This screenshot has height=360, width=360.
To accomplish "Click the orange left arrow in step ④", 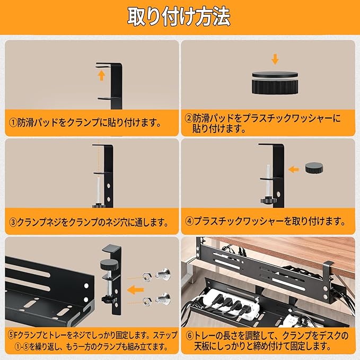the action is click(x=292, y=170).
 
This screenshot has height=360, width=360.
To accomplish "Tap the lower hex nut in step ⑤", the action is click(x=147, y=302).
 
